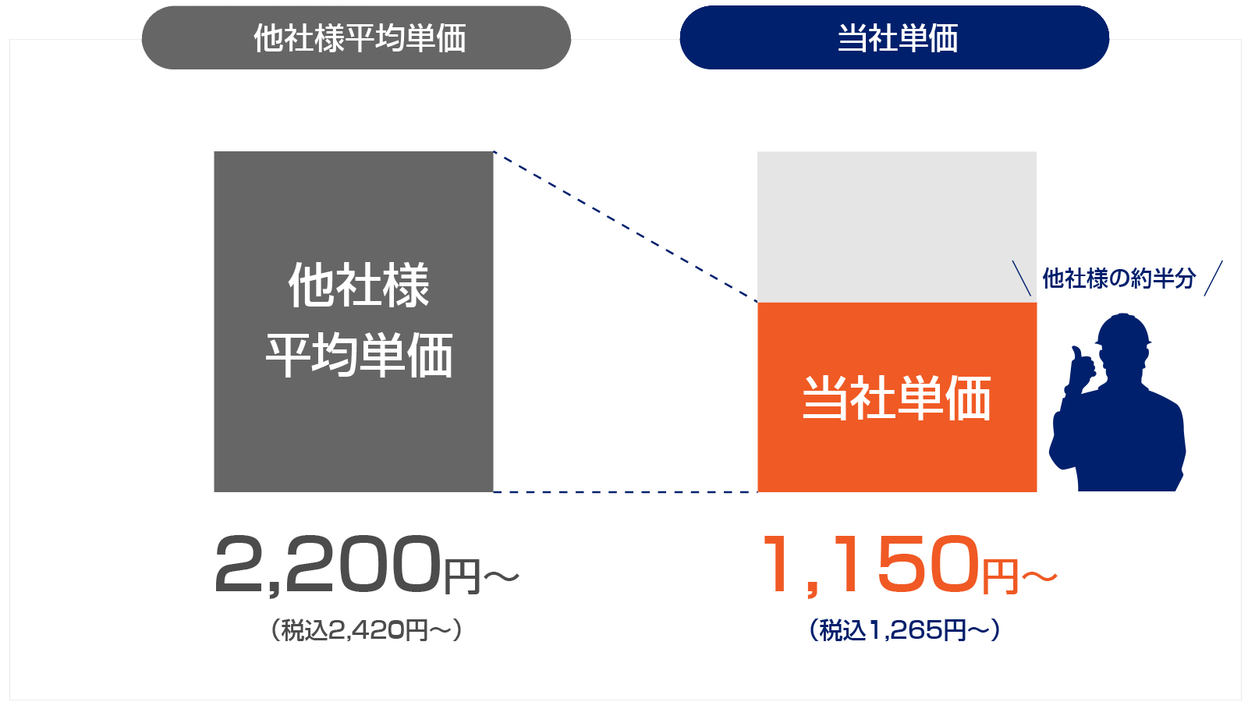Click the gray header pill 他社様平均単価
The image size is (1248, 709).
(356, 37)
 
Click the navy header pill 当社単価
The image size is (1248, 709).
(895, 37)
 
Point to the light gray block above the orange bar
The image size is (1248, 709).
(897, 226)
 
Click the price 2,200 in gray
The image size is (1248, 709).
(328, 564)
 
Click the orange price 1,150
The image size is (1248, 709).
(870, 564)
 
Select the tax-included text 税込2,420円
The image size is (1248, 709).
(367, 629)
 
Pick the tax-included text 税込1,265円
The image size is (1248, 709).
(905, 629)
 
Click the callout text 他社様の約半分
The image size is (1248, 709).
(1119, 278)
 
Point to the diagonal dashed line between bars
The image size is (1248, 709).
(624, 226)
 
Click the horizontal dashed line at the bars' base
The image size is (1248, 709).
(624, 492)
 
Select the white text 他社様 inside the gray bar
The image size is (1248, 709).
(359, 285)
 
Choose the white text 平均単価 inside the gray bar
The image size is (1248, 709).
(359, 356)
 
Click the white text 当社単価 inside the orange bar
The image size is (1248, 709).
(897, 398)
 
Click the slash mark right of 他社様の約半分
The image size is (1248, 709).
(1213, 278)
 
